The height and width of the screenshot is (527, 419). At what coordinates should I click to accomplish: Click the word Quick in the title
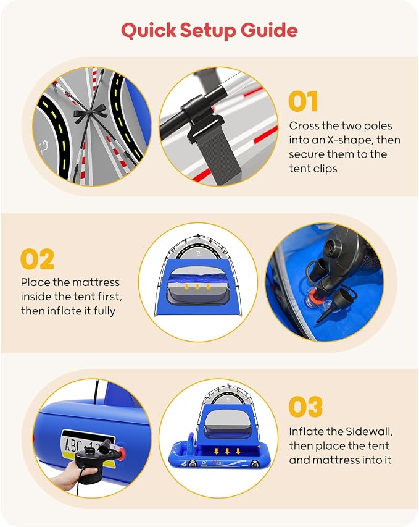point(148,30)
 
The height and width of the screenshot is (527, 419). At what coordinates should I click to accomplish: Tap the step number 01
point(303,101)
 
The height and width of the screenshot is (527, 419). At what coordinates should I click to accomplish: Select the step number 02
point(37,259)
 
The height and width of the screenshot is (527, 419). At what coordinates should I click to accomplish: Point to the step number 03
point(305,407)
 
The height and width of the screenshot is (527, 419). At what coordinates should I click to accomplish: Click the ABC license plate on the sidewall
point(86,447)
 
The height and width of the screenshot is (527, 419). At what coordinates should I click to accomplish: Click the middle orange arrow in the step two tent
point(197,287)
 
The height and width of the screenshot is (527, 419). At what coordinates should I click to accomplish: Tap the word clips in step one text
point(325,169)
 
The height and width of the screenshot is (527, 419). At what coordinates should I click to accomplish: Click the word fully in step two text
point(104,311)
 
